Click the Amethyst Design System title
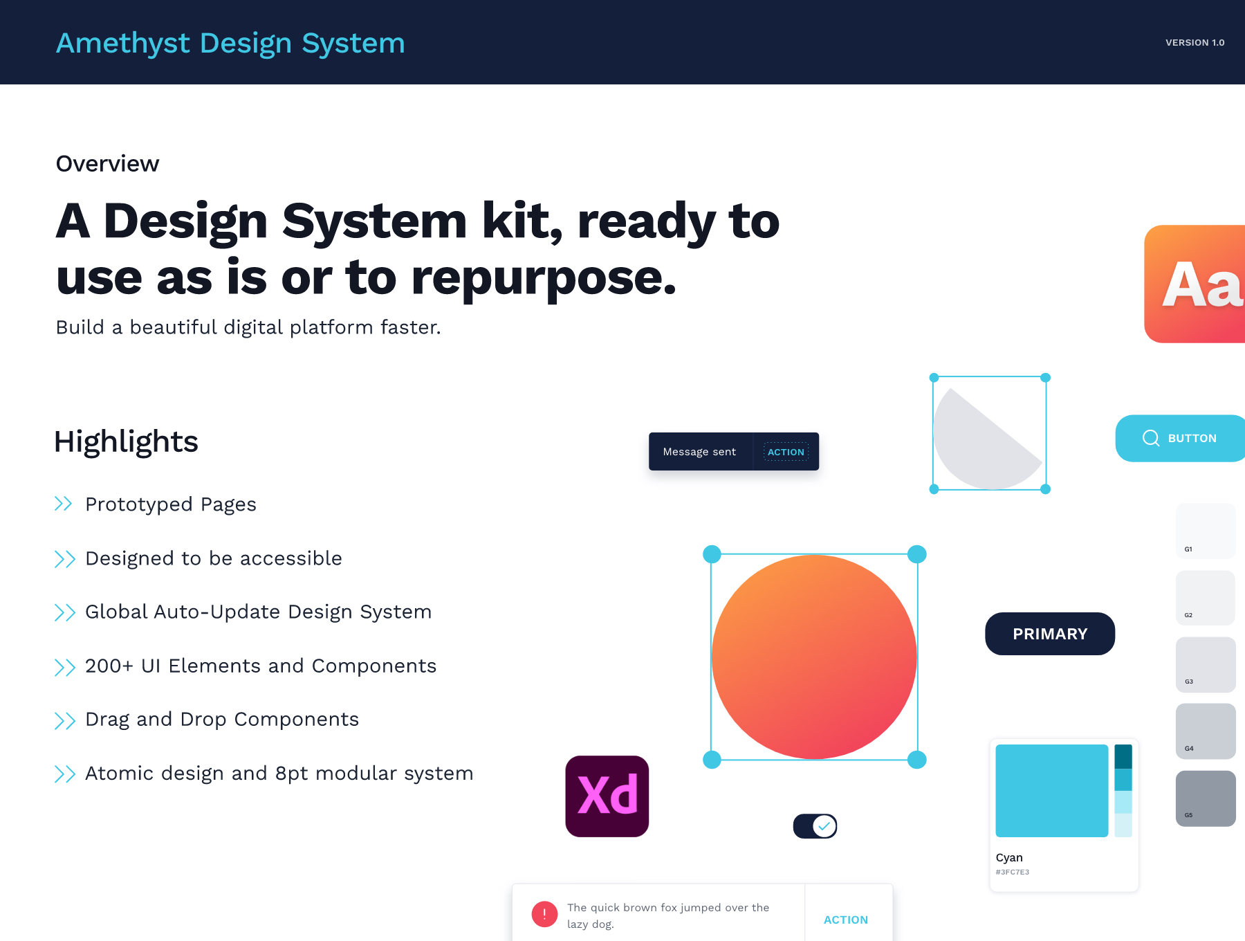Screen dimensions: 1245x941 pos(230,43)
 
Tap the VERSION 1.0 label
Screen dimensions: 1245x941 pos(1195,43)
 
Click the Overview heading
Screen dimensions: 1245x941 pos(107,164)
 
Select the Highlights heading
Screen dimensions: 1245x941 pos(126,441)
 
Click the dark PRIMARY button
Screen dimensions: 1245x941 pos(1050,634)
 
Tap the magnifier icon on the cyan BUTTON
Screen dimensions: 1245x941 pos(1151,438)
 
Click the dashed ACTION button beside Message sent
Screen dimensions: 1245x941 pos(786,452)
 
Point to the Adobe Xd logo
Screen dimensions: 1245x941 pos(607,796)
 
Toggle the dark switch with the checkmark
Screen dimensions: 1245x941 pos(815,826)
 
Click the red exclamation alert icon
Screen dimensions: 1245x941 pos(544,914)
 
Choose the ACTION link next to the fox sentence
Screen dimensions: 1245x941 pos(845,920)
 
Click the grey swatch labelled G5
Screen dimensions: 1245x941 pos(1206,798)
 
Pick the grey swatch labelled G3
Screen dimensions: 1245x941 pos(1206,664)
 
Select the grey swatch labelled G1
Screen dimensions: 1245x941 pos(1206,531)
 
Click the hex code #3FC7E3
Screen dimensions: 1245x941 pos(1013,873)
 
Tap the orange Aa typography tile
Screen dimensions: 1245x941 pos(1195,284)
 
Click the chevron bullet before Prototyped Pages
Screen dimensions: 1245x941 pos(64,504)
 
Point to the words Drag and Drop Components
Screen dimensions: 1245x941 pos(222,720)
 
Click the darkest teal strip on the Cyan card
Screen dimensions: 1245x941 pos(1123,757)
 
